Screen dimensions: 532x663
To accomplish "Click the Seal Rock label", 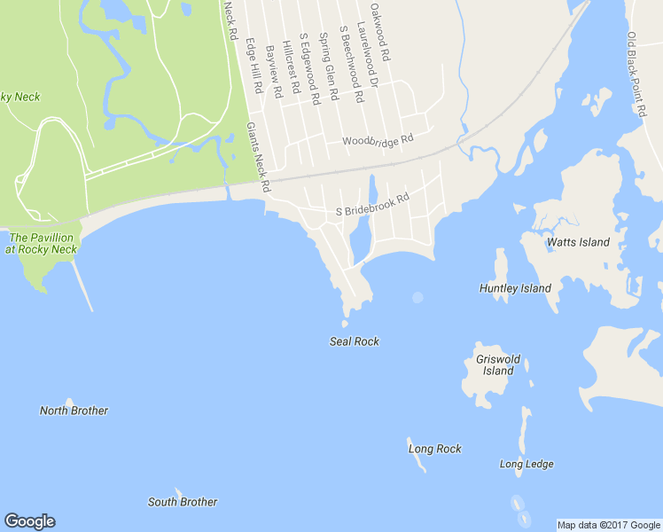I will click(x=355, y=341).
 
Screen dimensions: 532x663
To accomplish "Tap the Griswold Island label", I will click(x=498, y=365).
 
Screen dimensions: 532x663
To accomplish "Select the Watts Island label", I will click(x=579, y=242).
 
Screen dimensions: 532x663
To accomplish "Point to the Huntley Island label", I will click(x=515, y=288).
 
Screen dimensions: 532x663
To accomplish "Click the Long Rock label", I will click(x=434, y=449).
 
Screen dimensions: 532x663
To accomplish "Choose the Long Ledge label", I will click(x=526, y=464).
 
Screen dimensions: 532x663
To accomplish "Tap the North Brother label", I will click(x=74, y=411).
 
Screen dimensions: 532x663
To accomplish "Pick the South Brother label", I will click(x=183, y=502).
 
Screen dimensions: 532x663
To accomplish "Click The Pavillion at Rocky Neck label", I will click(x=42, y=244).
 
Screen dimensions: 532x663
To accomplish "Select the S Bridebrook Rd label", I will click(x=372, y=207).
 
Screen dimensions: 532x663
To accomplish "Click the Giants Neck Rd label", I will click(x=258, y=159).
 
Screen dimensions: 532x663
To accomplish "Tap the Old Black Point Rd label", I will click(x=636, y=74).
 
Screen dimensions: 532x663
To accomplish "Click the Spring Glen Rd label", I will click(x=328, y=66).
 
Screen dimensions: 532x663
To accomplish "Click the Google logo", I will click(x=29, y=521).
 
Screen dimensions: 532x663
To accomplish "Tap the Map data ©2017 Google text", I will click(x=609, y=525).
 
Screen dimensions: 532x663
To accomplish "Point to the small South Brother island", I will click(x=178, y=491).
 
